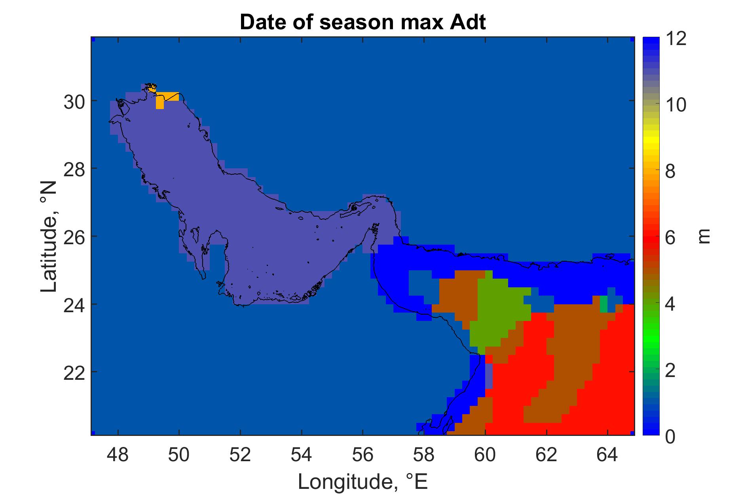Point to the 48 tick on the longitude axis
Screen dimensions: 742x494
pos(118,455)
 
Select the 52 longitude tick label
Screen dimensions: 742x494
pos(240,455)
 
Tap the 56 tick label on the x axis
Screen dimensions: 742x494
pos(363,455)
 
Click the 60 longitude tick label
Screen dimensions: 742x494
pos(485,455)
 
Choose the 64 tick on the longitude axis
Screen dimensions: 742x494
pos(607,455)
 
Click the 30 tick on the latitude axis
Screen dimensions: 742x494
pos(74,101)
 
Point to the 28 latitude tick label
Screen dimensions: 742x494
pos(74,169)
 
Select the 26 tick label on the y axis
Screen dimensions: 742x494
pos(74,237)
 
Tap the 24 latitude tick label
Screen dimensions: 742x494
pos(74,304)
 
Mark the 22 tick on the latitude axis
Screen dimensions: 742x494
pos(74,372)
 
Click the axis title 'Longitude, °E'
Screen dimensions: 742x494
pos(363,481)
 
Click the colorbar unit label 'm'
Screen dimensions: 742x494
pos(704,237)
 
